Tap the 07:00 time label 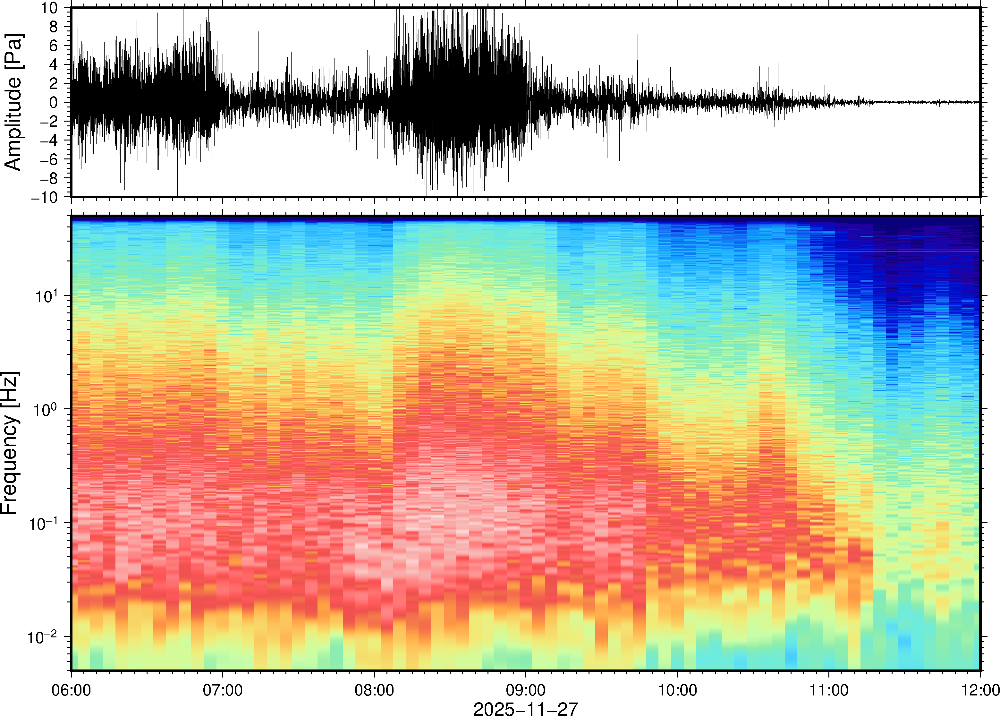click(x=223, y=690)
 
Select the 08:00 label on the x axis click(x=374, y=690)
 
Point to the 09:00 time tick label click(x=526, y=690)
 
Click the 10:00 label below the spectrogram click(x=677, y=690)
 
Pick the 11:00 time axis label click(x=829, y=690)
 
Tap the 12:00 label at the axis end click(x=980, y=690)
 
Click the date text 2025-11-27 click(x=525, y=709)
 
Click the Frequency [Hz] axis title click(x=10, y=443)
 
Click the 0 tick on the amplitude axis click(x=54, y=103)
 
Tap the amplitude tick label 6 click(x=54, y=46)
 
